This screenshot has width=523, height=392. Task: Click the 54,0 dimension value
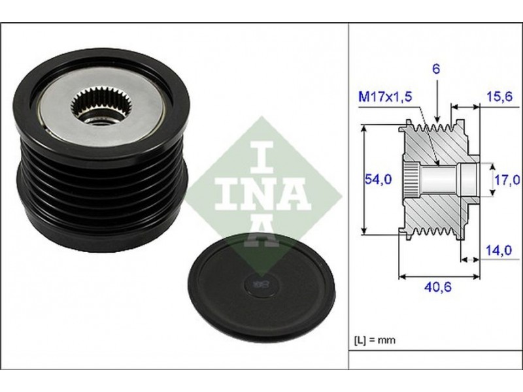pyautogui.click(x=378, y=180)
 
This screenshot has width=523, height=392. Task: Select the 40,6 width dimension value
pyautogui.click(x=437, y=287)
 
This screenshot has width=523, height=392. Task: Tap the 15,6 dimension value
pyautogui.click(x=499, y=97)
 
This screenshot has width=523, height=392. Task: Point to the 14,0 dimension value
pyautogui.click(x=498, y=250)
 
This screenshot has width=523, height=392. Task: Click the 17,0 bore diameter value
pyautogui.click(x=507, y=180)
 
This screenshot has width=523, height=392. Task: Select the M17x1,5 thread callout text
pyautogui.click(x=385, y=97)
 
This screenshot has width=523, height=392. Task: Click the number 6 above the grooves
pyautogui.click(x=436, y=69)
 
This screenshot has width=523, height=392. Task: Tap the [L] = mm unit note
pyautogui.click(x=374, y=340)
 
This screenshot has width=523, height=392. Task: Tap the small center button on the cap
pyautogui.click(x=260, y=284)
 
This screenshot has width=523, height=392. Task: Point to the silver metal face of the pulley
pyautogui.click(x=100, y=106)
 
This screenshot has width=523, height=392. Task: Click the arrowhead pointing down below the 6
pyautogui.click(x=437, y=119)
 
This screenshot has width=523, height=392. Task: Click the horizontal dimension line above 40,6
pyautogui.click(x=439, y=276)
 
